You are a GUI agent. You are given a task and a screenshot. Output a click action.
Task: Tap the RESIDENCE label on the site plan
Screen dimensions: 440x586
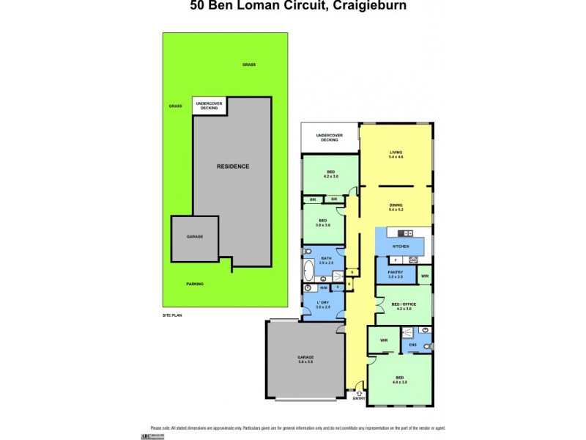[232, 166]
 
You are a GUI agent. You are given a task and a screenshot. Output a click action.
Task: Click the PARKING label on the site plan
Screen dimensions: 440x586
[195, 284]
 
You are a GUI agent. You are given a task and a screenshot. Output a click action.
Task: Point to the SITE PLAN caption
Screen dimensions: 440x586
[172, 315]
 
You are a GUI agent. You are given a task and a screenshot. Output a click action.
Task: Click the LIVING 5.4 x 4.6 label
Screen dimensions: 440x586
[396, 155]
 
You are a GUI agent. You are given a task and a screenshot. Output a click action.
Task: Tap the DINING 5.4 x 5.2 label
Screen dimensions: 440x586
[396, 208]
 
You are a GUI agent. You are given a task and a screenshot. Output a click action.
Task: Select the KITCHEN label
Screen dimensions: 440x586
[400, 246]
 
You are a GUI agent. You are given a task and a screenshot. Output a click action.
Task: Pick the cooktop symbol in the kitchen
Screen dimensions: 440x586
[413, 260]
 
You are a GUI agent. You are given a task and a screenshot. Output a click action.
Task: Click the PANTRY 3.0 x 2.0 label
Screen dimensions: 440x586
[396, 274]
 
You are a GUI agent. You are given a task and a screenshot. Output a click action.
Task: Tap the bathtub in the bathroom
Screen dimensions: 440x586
[308, 270]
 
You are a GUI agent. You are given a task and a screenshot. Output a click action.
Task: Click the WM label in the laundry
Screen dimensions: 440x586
[323, 288]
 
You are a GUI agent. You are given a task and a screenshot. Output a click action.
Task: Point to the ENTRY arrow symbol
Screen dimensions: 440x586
[358, 392]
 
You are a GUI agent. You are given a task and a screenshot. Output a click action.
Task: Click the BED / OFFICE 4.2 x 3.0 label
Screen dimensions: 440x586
[404, 307]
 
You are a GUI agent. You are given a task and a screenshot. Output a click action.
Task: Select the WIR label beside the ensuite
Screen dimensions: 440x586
[384, 340]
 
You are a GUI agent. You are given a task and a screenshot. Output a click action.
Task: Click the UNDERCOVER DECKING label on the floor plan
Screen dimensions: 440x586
[329, 137]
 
